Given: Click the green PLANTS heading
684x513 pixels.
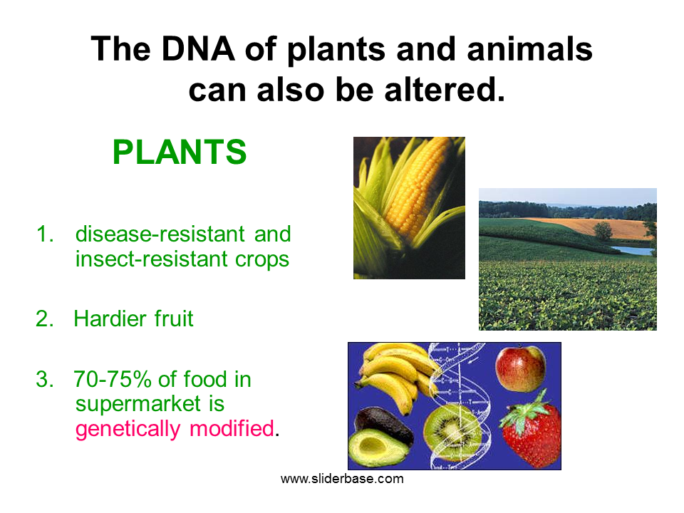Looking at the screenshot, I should point(180,152).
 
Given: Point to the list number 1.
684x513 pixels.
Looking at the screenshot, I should point(45,234).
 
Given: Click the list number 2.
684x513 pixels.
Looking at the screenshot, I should point(45,318).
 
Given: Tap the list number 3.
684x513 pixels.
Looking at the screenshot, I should point(45,380).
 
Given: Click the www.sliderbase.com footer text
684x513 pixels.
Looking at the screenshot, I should point(342,479).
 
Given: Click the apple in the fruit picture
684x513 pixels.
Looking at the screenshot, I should point(521,369).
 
